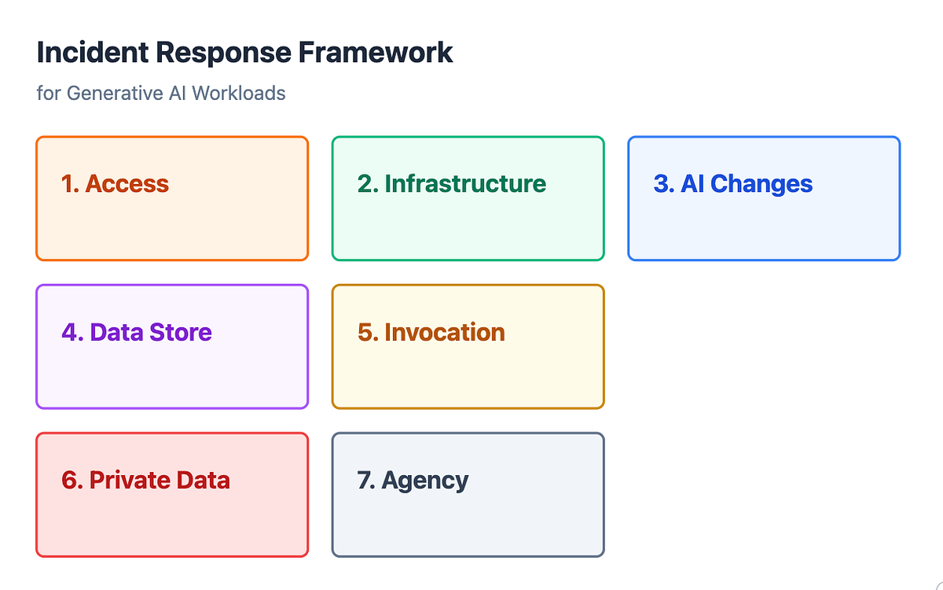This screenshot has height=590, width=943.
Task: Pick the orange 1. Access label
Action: (116, 183)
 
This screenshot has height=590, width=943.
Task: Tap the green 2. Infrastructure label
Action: (452, 183)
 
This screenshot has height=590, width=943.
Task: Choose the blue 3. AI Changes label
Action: (733, 183)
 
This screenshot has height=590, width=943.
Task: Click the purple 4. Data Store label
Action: (137, 331)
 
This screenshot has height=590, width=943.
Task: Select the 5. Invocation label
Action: (431, 331)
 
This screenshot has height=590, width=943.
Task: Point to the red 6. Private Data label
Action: (146, 479)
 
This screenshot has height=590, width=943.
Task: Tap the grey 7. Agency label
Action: (413, 479)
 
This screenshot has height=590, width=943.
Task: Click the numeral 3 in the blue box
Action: (661, 183)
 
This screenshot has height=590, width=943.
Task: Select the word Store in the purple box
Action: (183, 331)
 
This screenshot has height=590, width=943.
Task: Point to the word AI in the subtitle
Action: (176, 93)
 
